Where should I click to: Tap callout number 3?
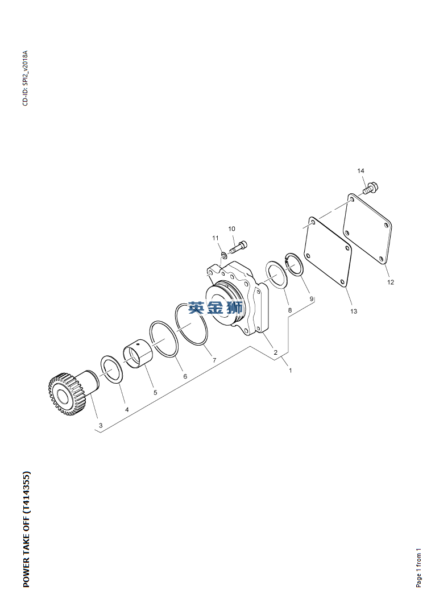[x=101, y=425]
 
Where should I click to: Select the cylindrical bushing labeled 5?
[x=138, y=354]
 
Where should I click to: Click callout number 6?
[x=185, y=376]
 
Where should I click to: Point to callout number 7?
[x=214, y=360]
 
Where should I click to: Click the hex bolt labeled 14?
[x=370, y=188]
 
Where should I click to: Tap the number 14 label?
[x=360, y=171]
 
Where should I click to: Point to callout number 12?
[x=391, y=282]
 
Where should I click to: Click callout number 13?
[x=354, y=311]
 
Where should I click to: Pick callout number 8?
[x=289, y=310]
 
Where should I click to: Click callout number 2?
[x=276, y=352]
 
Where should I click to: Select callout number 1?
[x=291, y=370]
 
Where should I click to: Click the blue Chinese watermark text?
[x=215, y=308]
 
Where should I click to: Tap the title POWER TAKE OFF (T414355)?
[x=26, y=529]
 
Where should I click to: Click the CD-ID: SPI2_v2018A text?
[x=25, y=78]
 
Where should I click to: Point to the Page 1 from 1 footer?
[x=418, y=568]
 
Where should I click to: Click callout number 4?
[x=127, y=409]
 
